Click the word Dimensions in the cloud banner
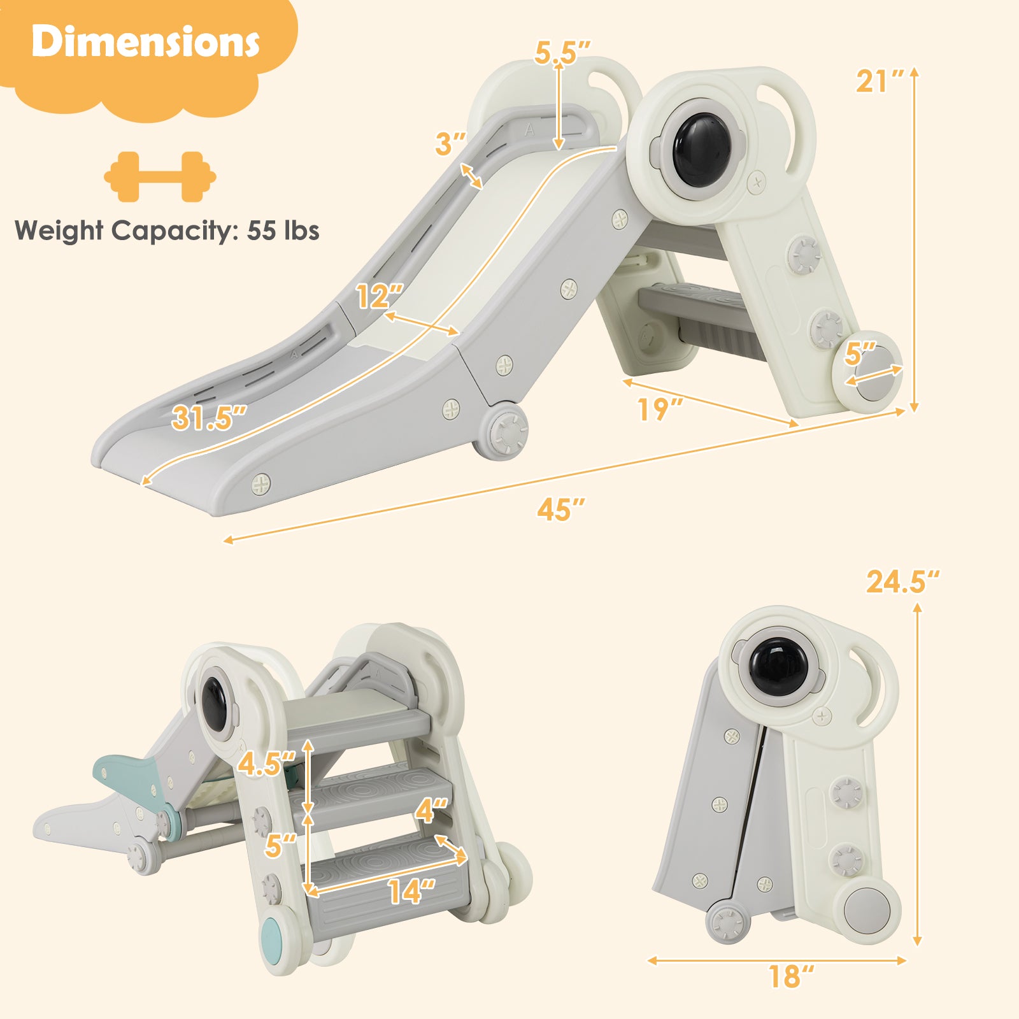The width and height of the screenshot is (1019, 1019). (x=145, y=42)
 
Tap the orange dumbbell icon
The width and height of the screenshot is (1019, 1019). (x=160, y=176)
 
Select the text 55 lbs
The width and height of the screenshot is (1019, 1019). (x=283, y=231)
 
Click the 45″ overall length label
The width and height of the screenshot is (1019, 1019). (x=560, y=509)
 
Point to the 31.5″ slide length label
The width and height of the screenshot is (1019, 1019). (x=208, y=418)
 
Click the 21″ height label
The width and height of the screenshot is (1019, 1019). (x=879, y=82)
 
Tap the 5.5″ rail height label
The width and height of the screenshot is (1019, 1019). (x=562, y=53)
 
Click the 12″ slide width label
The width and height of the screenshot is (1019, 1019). (x=379, y=297)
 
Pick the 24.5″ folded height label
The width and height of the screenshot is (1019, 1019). (x=902, y=581)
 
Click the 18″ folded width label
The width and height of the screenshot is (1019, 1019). (x=790, y=976)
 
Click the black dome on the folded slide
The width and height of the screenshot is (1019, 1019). (x=778, y=667)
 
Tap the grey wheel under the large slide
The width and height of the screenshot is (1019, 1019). (x=508, y=431)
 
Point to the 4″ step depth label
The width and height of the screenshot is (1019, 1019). (x=431, y=811)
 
